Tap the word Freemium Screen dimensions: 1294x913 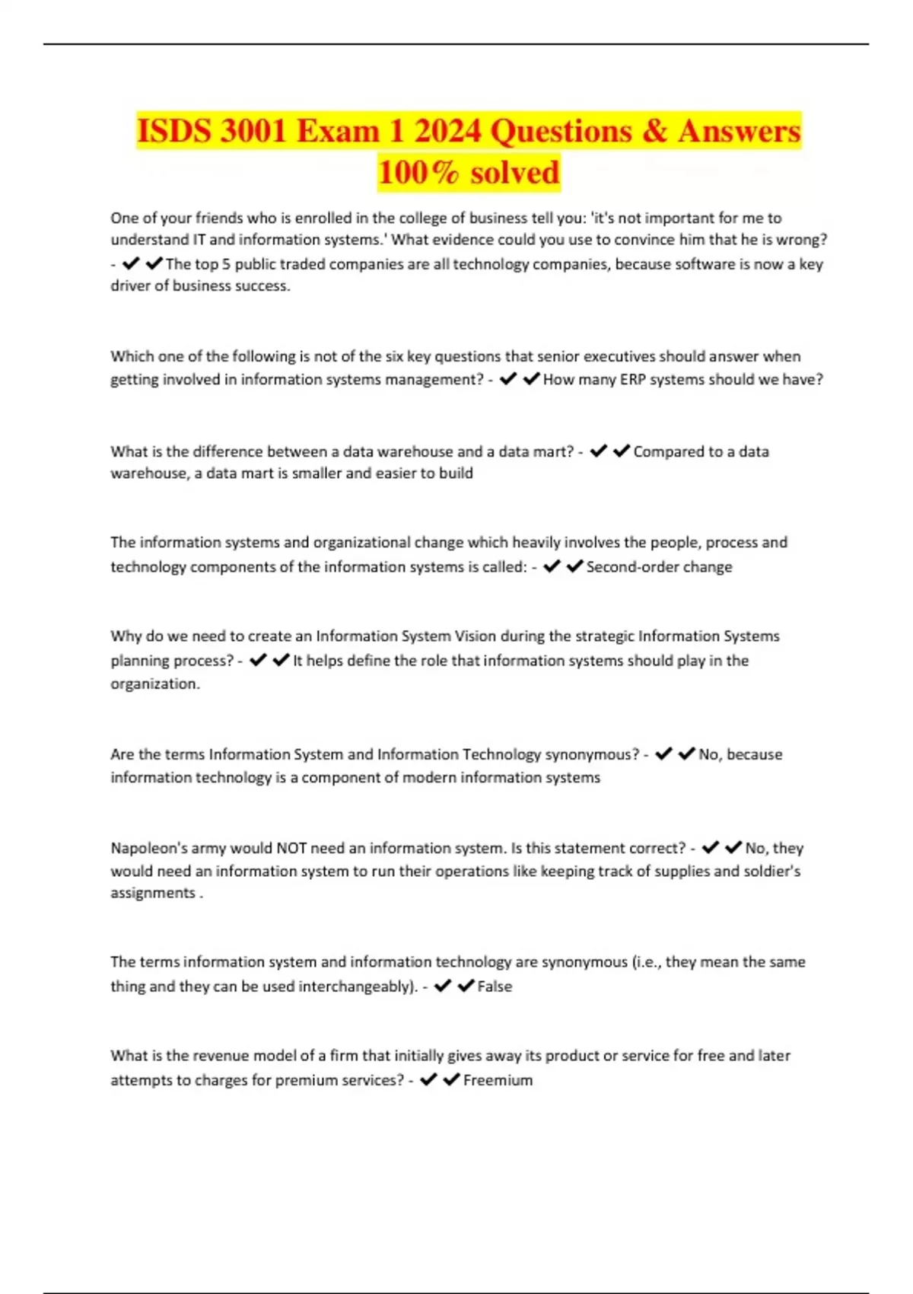(x=498, y=1080)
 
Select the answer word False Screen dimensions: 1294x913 (x=495, y=986)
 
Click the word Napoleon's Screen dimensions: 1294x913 (x=149, y=848)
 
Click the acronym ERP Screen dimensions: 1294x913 (x=632, y=379)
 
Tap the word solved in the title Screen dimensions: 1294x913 (x=515, y=173)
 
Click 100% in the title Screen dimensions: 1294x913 (x=418, y=173)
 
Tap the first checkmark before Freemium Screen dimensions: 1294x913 (x=428, y=1079)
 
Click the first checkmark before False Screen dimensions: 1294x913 (x=443, y=986)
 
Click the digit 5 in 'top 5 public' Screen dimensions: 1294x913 (x=226, y=264)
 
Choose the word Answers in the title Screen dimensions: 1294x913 (x=739, y=131)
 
